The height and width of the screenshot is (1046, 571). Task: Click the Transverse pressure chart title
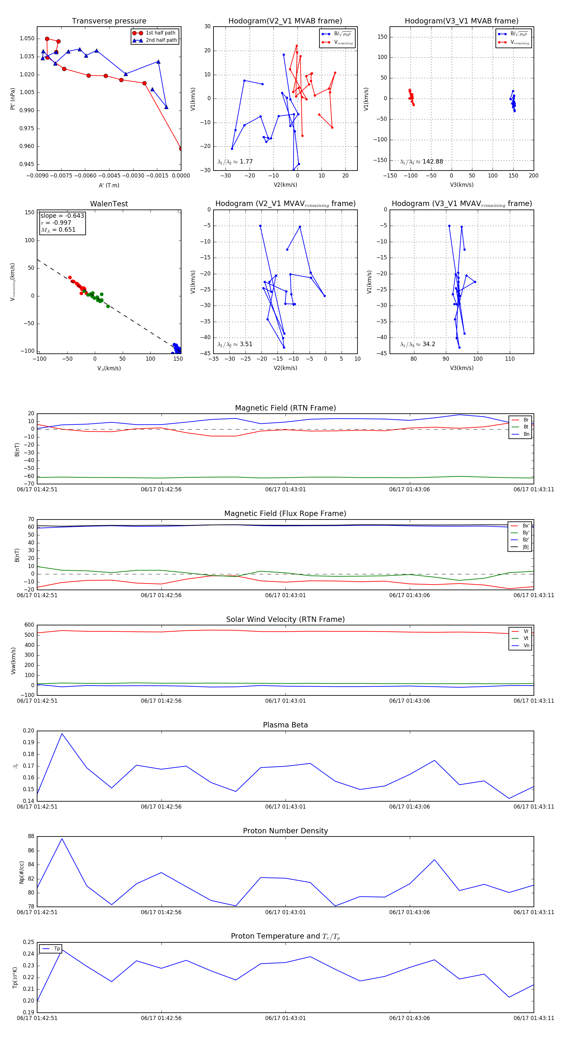tap(109, 21)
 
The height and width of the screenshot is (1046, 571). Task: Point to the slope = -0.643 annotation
tap(62, 216)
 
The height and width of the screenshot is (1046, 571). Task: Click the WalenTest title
tap(109, 204)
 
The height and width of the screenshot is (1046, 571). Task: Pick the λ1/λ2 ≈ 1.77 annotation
tap(235, 162)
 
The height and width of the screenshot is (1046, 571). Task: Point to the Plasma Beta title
tap(285, 725)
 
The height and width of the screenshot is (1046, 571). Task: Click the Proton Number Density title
tap(285, 831)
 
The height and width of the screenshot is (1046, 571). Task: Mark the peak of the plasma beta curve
tap(62, 733)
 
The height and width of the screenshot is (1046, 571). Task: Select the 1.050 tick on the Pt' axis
tap(27, 39)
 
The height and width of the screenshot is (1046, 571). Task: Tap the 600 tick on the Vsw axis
tap(29, 625)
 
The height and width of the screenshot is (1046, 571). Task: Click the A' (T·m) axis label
tap(109, 185)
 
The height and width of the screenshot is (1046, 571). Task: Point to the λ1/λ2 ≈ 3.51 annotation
tap(235, 344)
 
